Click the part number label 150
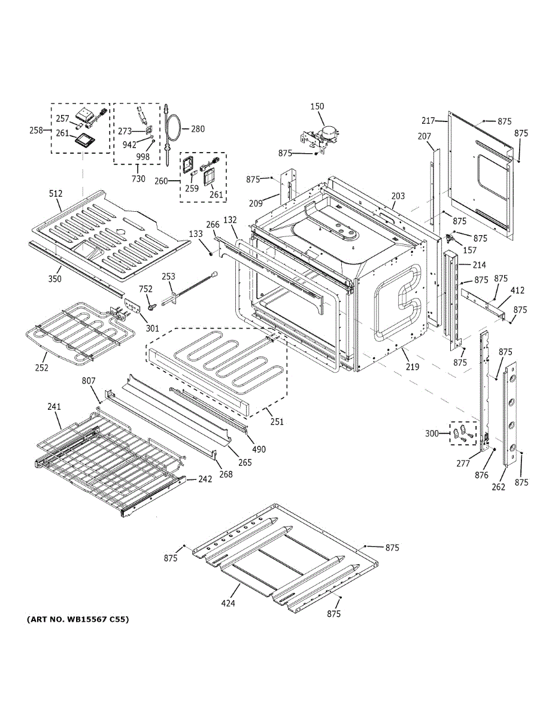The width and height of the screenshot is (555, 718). click(317, 107)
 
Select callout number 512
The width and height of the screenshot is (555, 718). click(56, 193)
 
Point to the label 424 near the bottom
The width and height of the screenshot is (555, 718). click(228, 603)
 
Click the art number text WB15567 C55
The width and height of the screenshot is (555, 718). click(77, 619)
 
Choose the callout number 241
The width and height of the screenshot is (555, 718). click(54, 407)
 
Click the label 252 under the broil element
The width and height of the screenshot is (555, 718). click(41, 367)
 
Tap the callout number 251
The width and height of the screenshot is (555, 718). click(276, 422)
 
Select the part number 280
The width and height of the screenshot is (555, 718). click(198, 129)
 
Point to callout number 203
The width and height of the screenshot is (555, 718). click(398, 196)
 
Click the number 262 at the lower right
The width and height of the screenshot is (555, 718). click(498, 487)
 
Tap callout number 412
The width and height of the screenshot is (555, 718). click(517, 291)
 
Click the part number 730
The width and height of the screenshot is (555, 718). click(138, 179)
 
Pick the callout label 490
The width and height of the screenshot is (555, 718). click(259, 449)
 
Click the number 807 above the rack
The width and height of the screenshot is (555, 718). click(89, 381)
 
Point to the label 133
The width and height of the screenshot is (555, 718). click(196, 233)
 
